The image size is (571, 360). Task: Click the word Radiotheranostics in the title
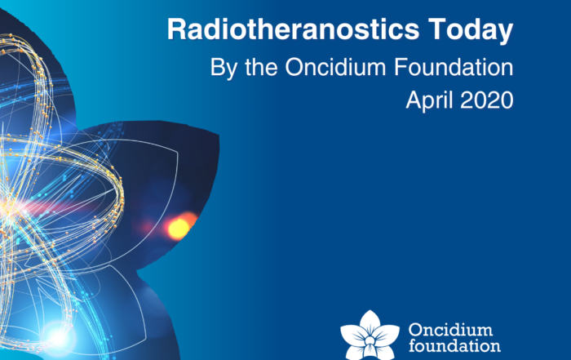293,29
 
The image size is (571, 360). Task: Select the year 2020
487,100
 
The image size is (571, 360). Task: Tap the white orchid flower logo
370,336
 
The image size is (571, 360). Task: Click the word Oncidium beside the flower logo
450,330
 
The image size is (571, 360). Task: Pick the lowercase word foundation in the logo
454,345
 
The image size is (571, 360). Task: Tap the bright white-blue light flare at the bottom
58,337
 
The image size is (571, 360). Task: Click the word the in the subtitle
261,67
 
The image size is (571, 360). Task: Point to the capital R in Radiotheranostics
176,29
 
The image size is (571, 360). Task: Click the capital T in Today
437,29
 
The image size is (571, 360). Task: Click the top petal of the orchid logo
370,322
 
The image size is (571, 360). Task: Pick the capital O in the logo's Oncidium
415,330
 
